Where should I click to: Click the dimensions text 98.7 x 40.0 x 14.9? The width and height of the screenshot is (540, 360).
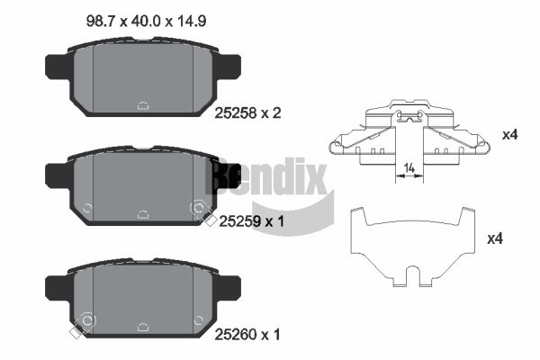[x=146, y=22]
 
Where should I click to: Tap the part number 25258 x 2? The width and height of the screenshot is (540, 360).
[x=247, y=113]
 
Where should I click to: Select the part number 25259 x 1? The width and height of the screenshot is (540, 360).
[x=251, y=221]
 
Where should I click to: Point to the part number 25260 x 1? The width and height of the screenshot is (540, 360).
[x=247, y=334]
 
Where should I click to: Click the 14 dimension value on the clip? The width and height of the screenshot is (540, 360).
[x=409, y=168]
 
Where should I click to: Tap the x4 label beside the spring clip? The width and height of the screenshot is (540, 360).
[x=509, y=135]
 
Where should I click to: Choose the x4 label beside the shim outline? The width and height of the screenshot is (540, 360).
[x=495, y=238]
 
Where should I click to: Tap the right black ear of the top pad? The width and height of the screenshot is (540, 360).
[x=228, y=67]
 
